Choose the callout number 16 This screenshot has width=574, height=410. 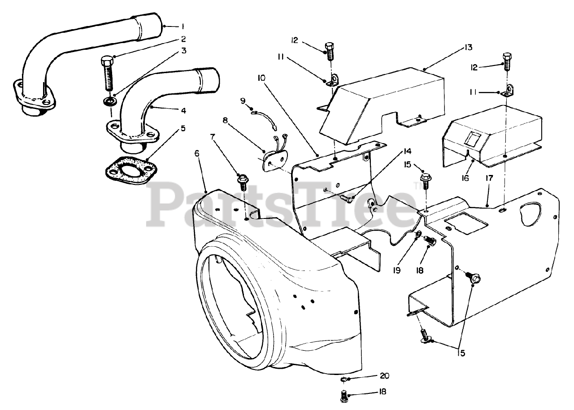click(x=465, y=179)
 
